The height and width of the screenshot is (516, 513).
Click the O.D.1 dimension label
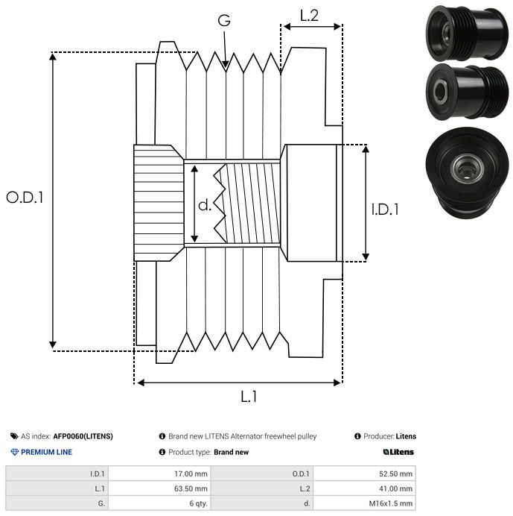[x=25, y=198]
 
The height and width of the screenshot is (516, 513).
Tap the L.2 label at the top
[x=309, y=16]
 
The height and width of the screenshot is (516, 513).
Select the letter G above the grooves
[x=224, y=21]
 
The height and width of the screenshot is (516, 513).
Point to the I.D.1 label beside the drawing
[x=385, y=210]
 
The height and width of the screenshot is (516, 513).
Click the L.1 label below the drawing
[x=248, y=397]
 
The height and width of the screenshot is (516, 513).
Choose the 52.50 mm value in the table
[x=396, y=473]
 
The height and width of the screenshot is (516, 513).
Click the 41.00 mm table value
[x=396, y=488]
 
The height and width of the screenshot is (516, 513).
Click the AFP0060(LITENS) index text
[x=83, y=436]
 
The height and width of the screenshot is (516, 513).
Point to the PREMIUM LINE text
[x=46, y=452]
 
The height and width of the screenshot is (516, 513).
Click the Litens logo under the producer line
[x=398, y=452]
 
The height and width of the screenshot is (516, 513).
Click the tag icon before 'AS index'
[x=14, y=436]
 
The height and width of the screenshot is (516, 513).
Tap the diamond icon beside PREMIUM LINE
[x=14, y=452]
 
